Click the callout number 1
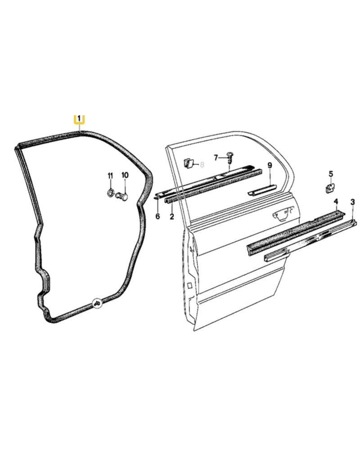click(x=79, y=118)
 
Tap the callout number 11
click(x=110, y=176)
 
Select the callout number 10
click(x=125, y=175)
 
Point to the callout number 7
click(x=216, y=158)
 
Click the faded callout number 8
click(x=202, y=165)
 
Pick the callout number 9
click(x=270, y=166)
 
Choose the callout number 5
click(x=331, y=174)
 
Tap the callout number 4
click(x=336, y=202)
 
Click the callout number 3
click(x=353, y=202)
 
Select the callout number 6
click(x=158, y=217)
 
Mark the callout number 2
click(x=172, y=217)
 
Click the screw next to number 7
click(x=229, y=159)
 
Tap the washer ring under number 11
click(x=111, y=193)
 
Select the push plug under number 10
click(x=122, y=196)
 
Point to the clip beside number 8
click(x=188, y=163)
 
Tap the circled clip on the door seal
click(x=97, y=303)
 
